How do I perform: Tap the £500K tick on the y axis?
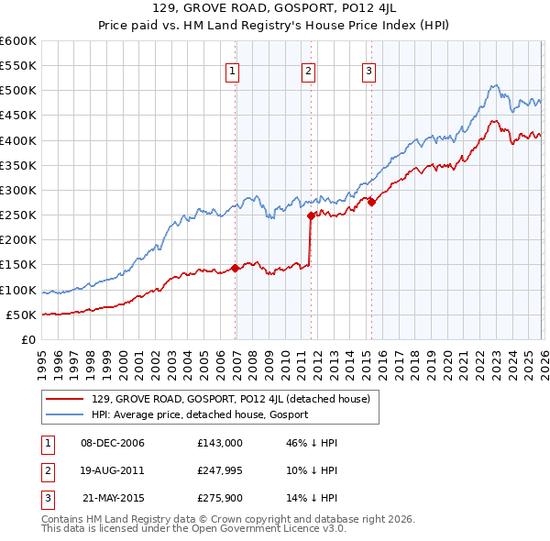click(18, 91)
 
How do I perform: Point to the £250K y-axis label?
click(18, 215)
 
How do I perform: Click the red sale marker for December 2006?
click(235, 269)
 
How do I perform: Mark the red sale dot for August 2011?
click(311, 216)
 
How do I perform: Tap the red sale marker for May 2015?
click(371, 203)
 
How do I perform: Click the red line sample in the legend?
click(65, 399)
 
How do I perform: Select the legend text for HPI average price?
click(200, 414)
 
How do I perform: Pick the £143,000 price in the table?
click(220, 443)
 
